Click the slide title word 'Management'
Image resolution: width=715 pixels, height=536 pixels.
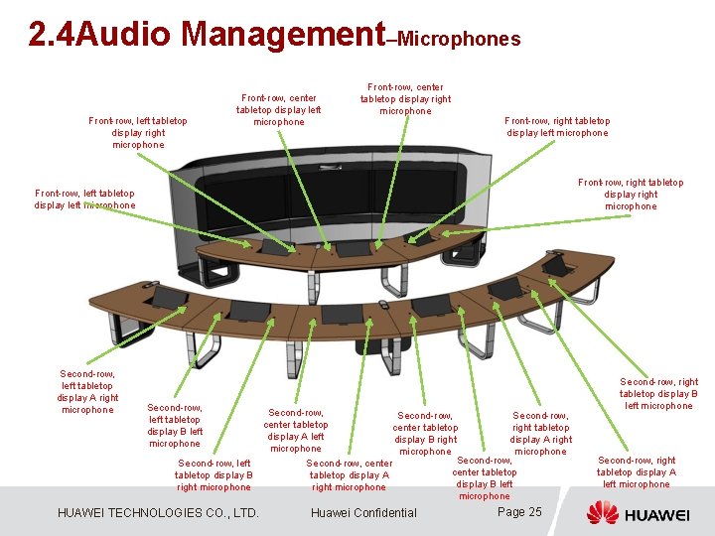coord(283,35)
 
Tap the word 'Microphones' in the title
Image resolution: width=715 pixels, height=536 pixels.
coord(458,39)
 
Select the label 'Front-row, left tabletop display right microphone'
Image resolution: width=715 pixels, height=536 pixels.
coord(138,133)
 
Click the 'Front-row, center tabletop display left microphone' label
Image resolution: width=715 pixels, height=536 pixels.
coord(278,110)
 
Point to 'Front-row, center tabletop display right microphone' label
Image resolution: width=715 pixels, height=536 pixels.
coord(405,99)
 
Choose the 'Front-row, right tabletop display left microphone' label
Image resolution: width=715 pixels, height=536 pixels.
coord(557,127)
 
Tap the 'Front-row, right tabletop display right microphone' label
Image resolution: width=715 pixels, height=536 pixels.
coord(631,195)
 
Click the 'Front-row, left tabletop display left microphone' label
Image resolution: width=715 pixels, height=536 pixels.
coord(84,200)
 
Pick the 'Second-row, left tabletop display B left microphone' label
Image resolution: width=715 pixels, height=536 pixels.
coord(175,425)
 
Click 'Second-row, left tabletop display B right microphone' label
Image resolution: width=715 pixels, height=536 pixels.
coord(214,474)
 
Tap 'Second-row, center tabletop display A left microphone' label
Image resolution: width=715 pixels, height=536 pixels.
coord(296,431)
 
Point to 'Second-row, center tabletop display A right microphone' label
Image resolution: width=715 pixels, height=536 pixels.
coord(350,474)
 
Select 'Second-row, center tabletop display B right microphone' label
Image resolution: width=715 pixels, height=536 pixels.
coord(425,434)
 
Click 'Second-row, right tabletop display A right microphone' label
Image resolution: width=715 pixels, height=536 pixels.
coord(540,434)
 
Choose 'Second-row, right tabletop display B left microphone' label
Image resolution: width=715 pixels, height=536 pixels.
coord(658,393)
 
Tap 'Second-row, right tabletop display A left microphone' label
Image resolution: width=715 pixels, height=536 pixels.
coord(637,472)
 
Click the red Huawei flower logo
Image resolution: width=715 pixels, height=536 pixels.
coord(602,513)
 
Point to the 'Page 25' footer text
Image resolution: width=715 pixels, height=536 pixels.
coord(519,512)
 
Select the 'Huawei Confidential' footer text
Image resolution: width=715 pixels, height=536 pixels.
coord(363,513)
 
